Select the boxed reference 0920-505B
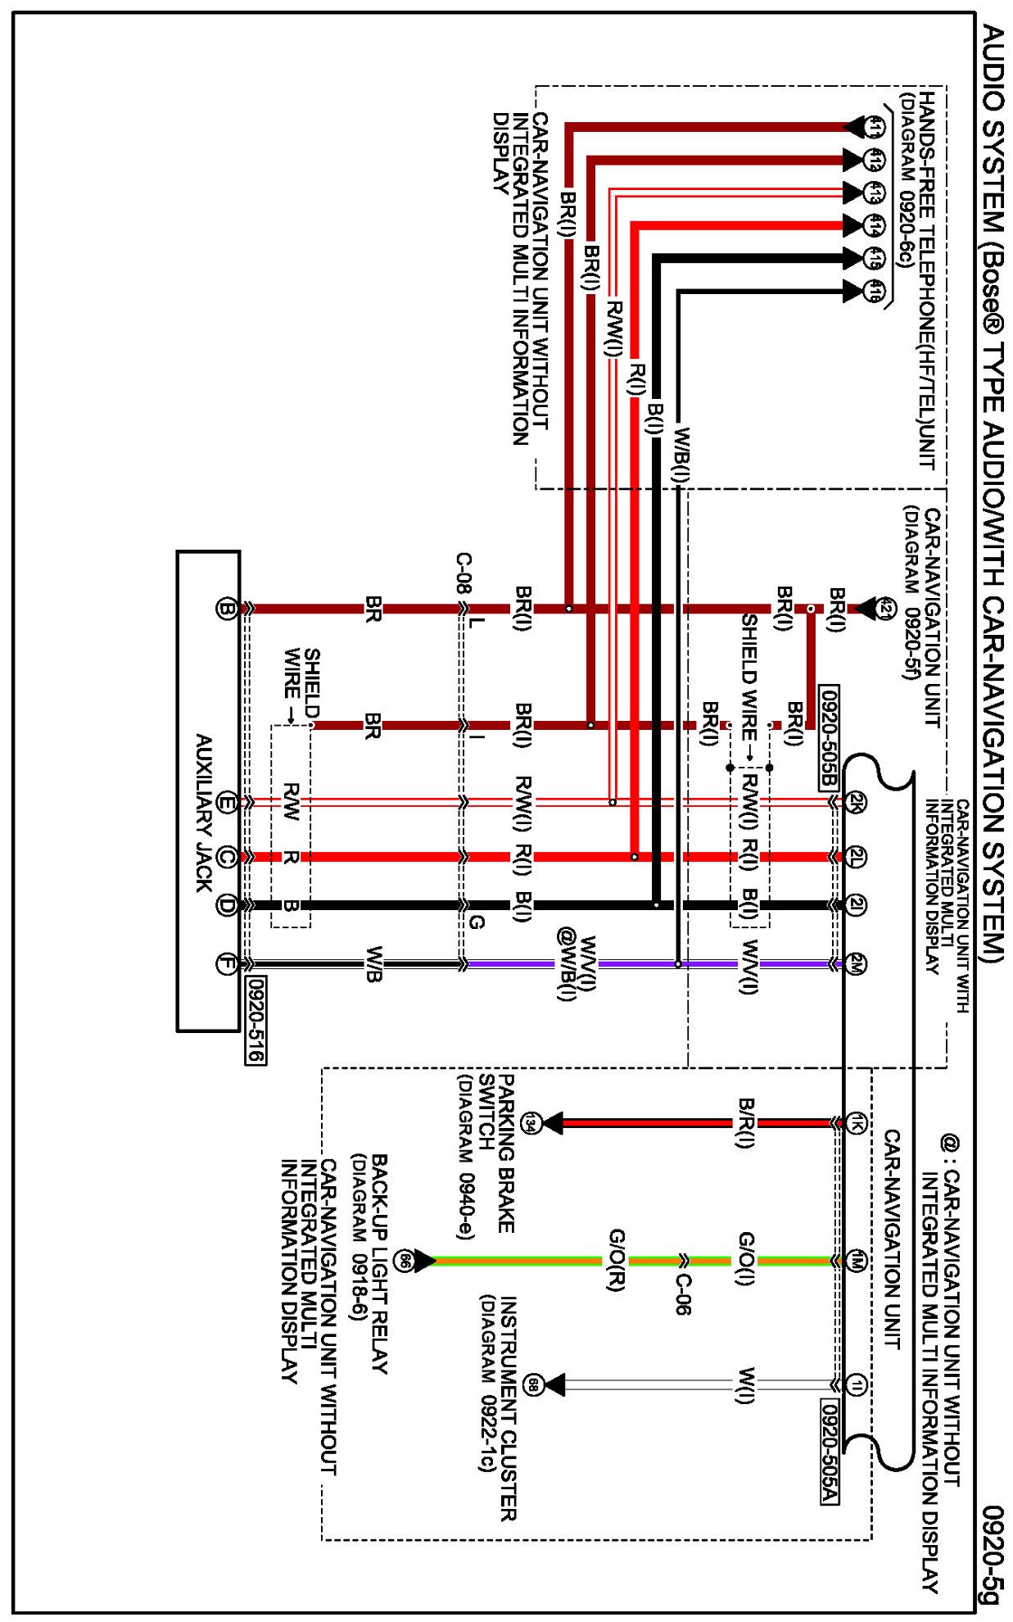pos(829,738)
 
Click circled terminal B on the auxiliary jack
pos(226,609)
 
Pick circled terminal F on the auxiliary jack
pos(226,964)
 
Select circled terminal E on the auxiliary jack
pos(227,803)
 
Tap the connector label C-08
pos(464,573)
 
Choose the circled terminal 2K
pos(856,802)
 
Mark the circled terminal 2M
pos(856,964)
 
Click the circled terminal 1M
pos(856,1261)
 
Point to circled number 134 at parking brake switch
pos(531,1123)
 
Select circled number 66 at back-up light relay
pos(404,1261)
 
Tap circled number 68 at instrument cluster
pos(533,1385)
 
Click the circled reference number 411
pos(875,127)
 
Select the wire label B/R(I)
pos(745,1123)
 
